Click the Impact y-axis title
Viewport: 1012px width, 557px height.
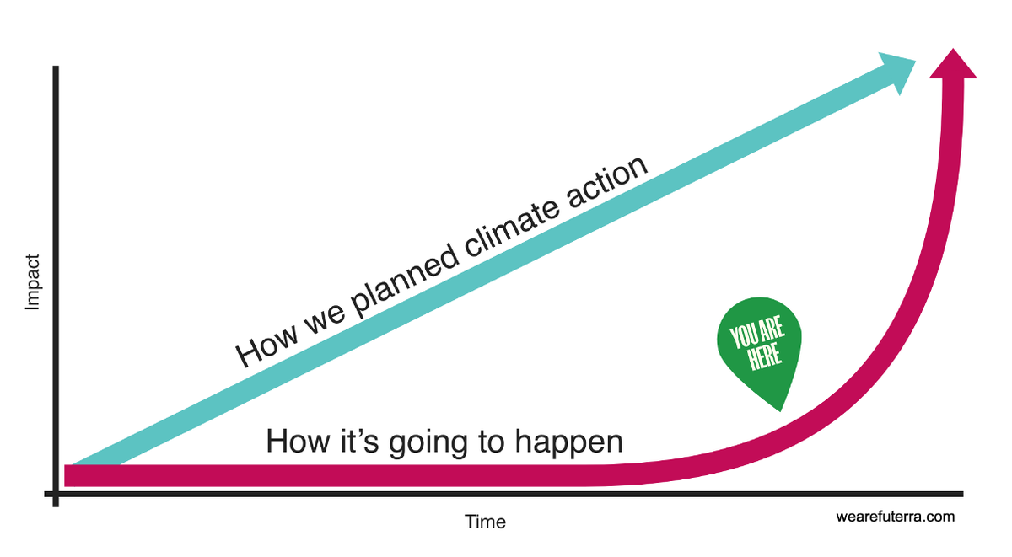(33, 282)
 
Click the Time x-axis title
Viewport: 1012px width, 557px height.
(485, 522)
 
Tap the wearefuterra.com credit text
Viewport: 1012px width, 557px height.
(896, 517)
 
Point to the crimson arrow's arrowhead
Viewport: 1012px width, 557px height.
(953, 64)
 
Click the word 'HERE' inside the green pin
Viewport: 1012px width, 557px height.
(764, 356)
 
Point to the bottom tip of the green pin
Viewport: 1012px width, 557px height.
(780, 411)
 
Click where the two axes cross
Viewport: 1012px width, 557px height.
(56, 495)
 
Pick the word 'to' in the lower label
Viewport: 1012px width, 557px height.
(492, 442)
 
